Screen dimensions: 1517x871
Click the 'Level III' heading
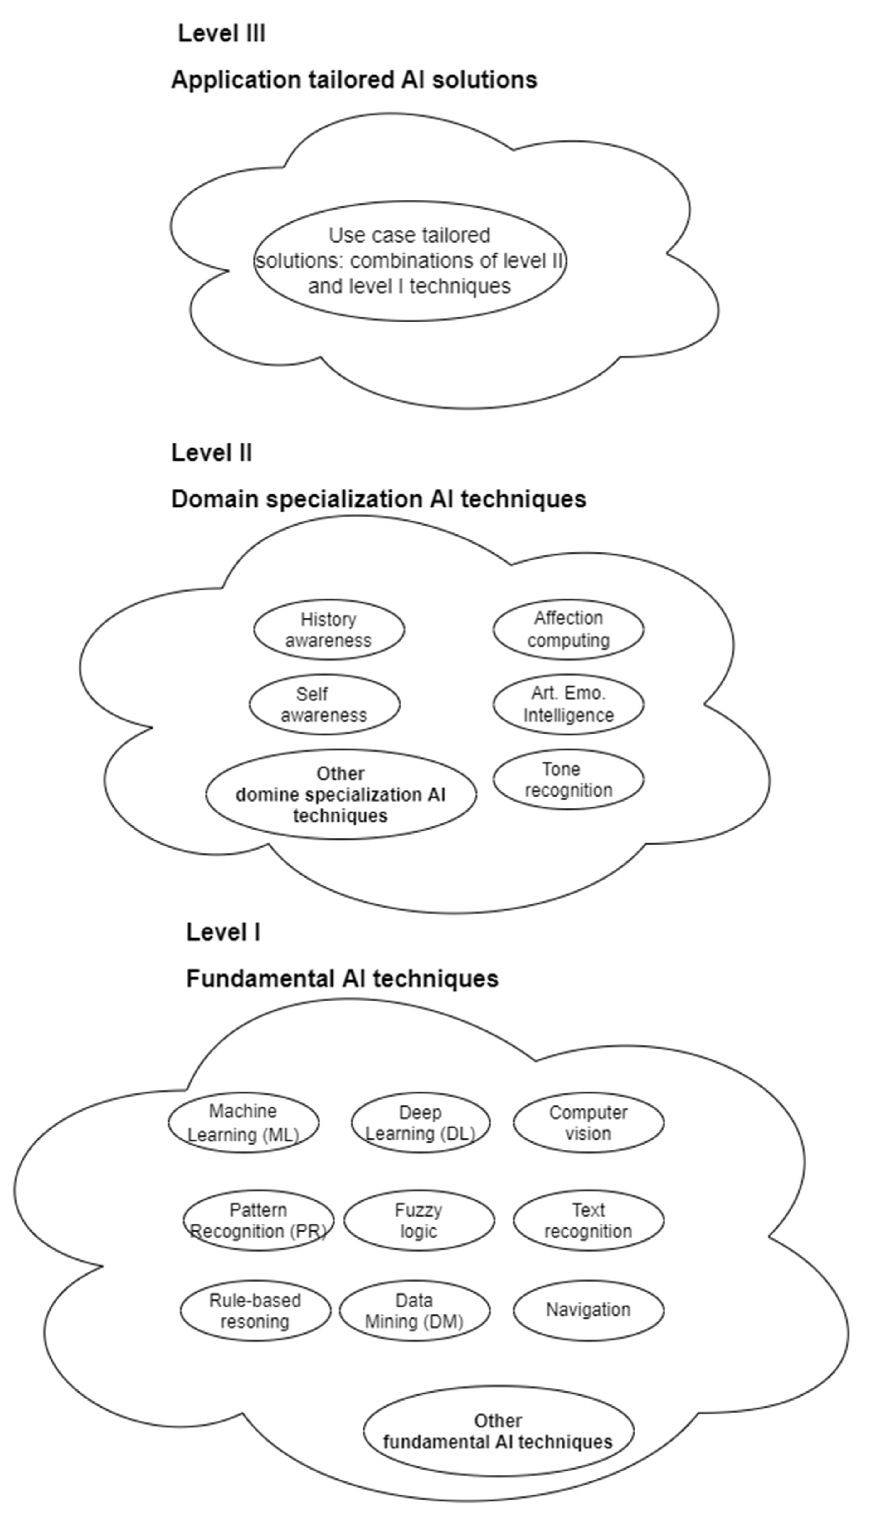point(221,33)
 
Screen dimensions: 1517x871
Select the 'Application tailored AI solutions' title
point(354,80)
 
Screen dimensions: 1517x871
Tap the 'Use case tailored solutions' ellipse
point(410,261)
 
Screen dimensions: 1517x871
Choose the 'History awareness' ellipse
point(328,630)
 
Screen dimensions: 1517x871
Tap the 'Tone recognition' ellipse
point(568,780)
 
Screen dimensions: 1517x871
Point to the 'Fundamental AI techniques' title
point(342,979)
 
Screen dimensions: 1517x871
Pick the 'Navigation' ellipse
point(588,1310)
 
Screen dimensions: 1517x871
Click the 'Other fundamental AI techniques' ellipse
point(498,1431)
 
